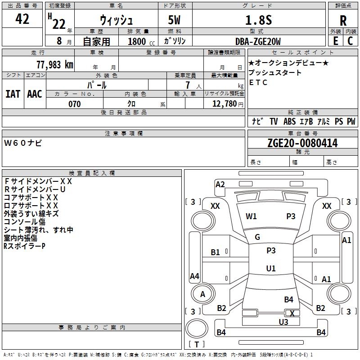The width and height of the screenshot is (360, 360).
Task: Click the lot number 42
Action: (x=22, y=19)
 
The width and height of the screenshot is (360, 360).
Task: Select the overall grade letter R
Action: (x=343, y=20)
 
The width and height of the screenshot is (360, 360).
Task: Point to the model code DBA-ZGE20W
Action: (x=258, y=41)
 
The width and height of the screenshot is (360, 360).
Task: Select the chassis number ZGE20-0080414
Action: (x=302, y=143)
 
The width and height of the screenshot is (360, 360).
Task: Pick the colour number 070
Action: (x=75, y=104)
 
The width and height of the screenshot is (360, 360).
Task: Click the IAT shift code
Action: (x=13, y=94)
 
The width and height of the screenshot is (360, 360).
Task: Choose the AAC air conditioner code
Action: (x=35, y=94)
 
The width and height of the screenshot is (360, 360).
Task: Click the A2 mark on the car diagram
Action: (x=220, y=184)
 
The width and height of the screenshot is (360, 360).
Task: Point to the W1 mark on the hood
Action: (x=251, y=216)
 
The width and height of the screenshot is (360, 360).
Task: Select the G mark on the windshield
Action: (x=257, y=237)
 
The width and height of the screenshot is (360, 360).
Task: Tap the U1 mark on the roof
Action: (x=270, y=268)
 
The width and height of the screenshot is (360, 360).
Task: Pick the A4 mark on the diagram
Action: (x=194, y=276)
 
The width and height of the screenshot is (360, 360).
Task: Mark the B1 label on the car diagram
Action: (x=216, y=252)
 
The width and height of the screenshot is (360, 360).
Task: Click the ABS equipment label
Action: (x=289, y=121)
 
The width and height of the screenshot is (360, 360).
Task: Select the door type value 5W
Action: (x=175, y=20)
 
